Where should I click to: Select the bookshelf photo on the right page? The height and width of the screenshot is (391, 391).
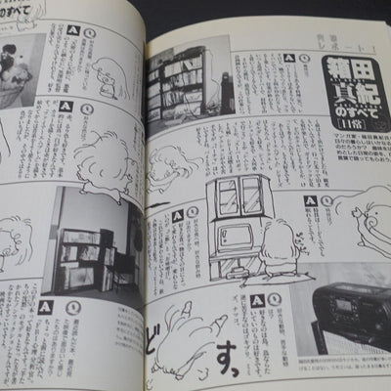(177, 87)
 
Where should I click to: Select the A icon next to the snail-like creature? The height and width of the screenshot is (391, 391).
(310, 199)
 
